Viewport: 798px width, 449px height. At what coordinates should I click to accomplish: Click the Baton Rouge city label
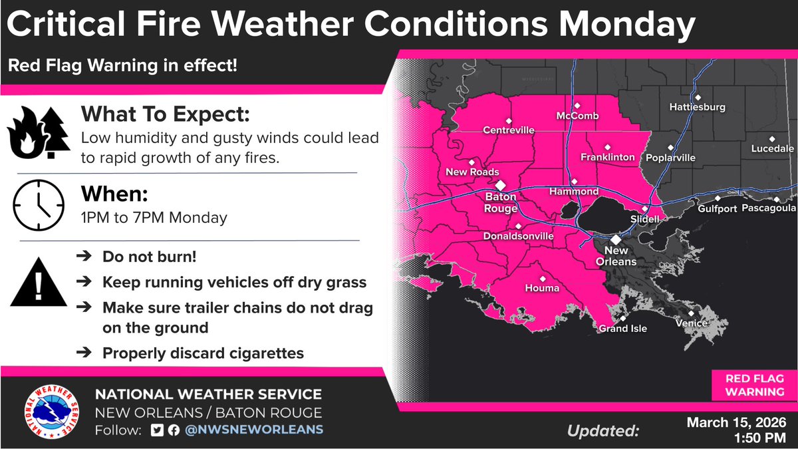coord(501,203)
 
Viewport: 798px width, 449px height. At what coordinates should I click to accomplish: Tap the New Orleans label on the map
coord(616,255)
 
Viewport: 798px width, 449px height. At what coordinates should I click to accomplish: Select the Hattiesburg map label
coord(697,106)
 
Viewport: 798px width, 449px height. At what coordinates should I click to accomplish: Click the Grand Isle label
coord(622,328)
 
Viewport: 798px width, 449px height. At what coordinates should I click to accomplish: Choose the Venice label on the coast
coord(690,323)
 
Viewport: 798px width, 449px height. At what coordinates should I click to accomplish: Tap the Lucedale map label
coord(773,148)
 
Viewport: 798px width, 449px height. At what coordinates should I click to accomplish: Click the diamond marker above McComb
coord(578,105)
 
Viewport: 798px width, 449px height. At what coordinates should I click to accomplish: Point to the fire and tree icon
coord(37,133)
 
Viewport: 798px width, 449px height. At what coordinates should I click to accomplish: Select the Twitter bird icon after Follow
coord(156,430)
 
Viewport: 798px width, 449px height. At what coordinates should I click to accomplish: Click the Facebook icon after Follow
coord(173,430)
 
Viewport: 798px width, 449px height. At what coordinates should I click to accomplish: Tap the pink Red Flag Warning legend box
coord(754,384)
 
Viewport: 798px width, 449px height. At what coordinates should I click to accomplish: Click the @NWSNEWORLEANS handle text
coord(254,430)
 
